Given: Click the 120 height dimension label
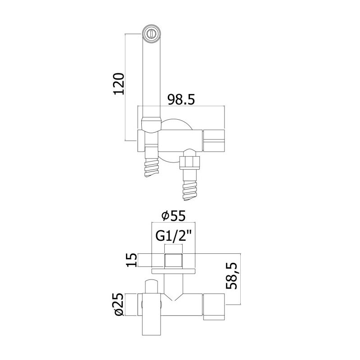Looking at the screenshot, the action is (x=119, y=84).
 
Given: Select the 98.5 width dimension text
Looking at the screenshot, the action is (x=181, y=100).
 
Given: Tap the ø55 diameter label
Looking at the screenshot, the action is (x=173, y=216).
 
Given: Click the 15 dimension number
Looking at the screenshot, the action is (x=132, y=260).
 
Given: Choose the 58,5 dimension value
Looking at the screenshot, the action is (x=231, y=276).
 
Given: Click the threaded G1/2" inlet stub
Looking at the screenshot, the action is (x=174, y=261).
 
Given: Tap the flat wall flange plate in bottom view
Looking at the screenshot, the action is (x=174, y=271).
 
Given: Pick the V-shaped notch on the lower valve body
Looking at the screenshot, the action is (x=174, y=297).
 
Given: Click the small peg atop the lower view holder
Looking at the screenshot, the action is (x=151, y=286).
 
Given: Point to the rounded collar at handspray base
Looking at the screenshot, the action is (x=151, y=125).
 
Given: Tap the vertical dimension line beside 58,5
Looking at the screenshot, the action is (x=240, y=279).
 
